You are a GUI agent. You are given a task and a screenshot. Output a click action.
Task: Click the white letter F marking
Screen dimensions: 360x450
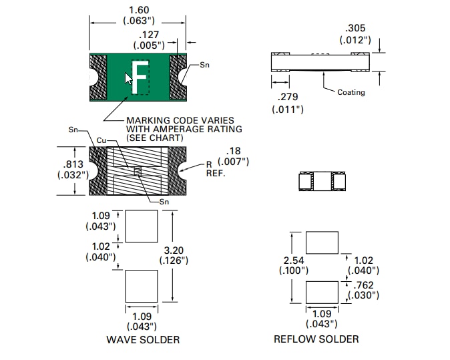140,77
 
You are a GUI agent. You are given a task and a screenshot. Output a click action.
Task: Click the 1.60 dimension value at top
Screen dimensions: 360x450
138,9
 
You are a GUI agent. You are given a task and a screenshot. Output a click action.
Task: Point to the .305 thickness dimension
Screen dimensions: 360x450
355,28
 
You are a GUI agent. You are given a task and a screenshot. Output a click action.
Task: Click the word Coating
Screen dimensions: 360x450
351,92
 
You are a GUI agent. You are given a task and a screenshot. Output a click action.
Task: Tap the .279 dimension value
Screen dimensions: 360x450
288,97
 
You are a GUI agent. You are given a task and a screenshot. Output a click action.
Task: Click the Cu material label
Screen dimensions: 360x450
101,140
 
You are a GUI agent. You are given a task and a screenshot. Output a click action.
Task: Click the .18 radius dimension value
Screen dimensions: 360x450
233,151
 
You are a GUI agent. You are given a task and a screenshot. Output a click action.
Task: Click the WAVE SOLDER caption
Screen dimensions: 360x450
143,339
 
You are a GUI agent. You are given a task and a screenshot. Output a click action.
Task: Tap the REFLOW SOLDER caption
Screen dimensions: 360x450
316,339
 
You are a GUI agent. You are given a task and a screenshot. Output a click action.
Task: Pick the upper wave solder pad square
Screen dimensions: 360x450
142,226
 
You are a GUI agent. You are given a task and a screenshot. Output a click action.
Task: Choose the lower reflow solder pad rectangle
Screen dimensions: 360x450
322,293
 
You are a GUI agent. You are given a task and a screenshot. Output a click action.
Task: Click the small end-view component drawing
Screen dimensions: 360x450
322,180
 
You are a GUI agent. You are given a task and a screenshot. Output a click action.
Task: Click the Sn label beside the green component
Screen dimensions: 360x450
205,65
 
